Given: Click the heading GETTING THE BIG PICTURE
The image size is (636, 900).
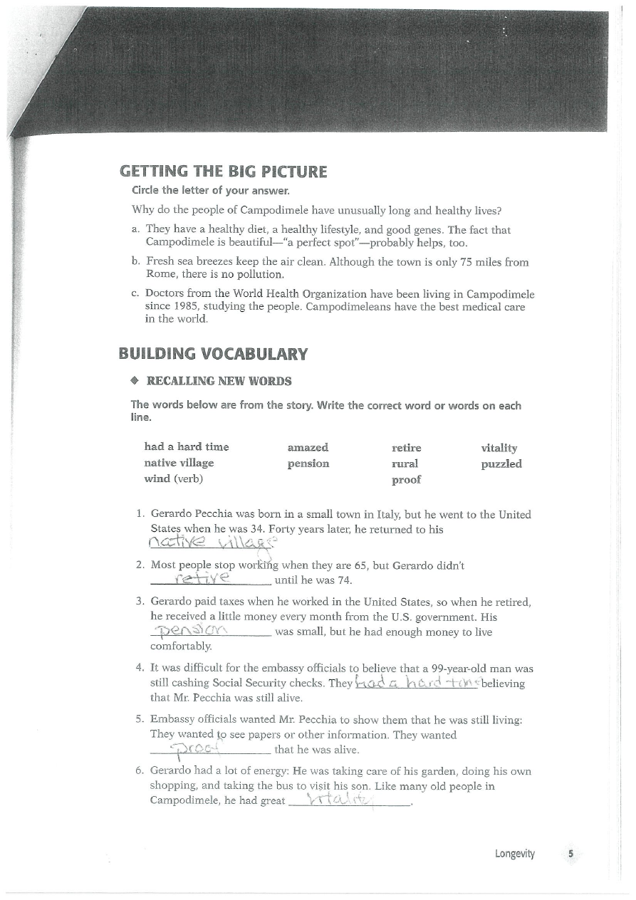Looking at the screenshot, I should [x=223, y=172].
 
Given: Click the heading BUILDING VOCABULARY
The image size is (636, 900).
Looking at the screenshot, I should [x=214, y=354].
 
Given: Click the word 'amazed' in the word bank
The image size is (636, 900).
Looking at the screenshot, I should [x=308, y=447].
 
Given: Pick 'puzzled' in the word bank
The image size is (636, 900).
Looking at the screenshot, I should [x=501, y=464].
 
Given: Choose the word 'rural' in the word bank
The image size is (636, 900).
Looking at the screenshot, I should [x=405, y=464].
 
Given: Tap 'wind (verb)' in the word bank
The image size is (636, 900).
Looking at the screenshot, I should [x=174, y=478].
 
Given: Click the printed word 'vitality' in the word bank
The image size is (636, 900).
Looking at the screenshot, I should [x=499, y=447].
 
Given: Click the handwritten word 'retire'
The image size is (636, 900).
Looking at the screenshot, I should [x=204, y=575].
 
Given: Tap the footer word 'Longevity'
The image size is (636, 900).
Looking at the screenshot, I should [x=515, y=854].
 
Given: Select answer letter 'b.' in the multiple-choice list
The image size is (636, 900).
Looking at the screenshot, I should [x=136, y=261].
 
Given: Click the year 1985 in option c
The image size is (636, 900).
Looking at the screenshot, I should [x=158, y=306].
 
